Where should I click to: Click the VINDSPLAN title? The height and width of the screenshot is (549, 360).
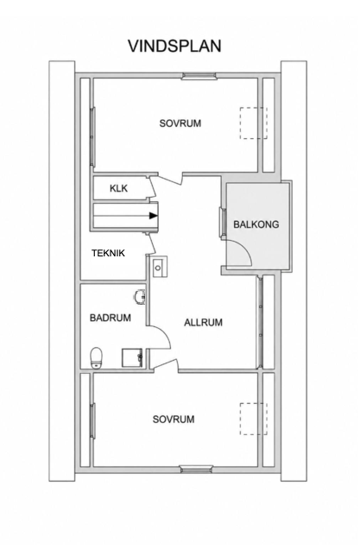click(x=174, y=47)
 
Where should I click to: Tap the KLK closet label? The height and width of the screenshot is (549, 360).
click(x=119, y=188)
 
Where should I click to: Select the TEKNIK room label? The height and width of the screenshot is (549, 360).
click(x=108, y=253)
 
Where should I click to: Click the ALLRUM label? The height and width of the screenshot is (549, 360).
click(x=204, y=323)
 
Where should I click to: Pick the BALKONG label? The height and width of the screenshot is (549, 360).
click(x=256, y=224)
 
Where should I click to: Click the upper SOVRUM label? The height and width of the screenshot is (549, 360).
click(x=180, y=123)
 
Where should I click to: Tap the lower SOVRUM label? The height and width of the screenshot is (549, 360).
click(x=174, y=420)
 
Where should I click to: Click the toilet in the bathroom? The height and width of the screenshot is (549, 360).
click(x=97, y=357)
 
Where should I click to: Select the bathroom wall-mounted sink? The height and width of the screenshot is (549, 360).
click(x=140, y=297)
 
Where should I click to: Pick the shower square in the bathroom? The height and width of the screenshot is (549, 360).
click(x=132, y=357)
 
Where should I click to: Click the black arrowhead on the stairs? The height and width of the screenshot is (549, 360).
click(x=153, y=216)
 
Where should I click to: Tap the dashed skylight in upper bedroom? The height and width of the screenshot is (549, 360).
click(x=254, y=123)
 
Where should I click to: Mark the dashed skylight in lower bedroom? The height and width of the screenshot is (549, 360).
click(x=254, y=419)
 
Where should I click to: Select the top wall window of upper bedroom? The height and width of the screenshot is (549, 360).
click(x=199, y=76)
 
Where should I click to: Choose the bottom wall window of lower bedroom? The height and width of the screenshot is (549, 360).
click(x=197, y=470)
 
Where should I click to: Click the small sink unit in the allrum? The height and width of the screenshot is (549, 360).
click(x=160, y=267)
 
